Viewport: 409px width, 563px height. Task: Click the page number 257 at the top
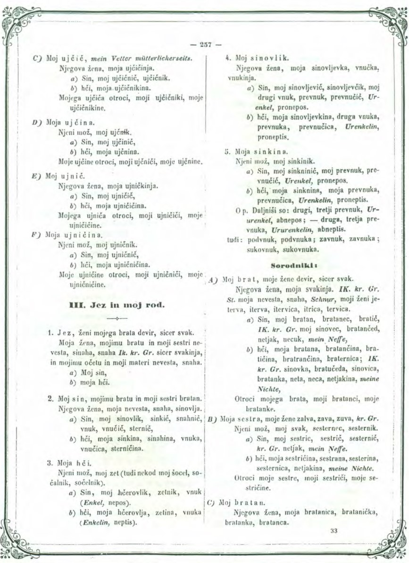pos(205,46)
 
